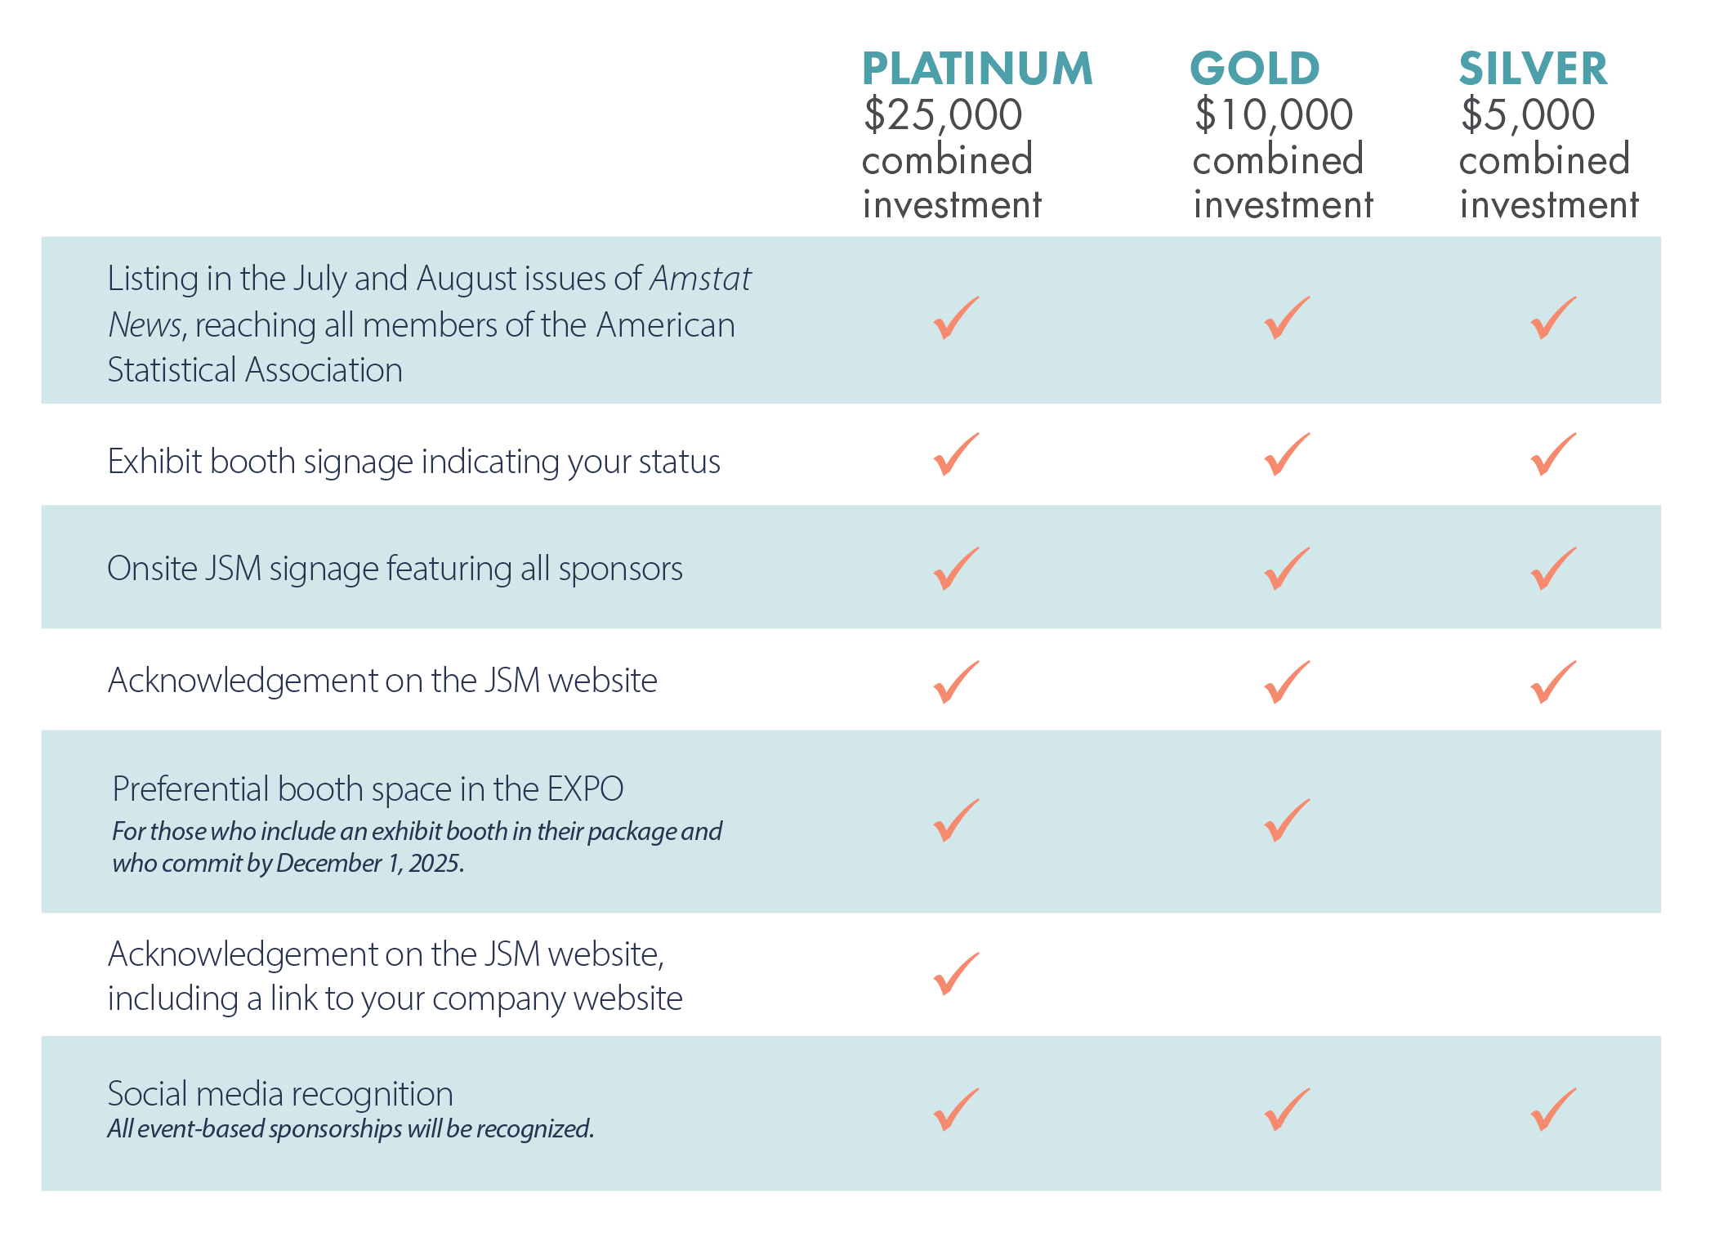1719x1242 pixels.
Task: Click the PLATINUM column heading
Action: coord(976,69)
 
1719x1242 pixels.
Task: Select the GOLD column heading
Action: coord(1254,69)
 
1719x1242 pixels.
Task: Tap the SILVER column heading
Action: coord(1533,69)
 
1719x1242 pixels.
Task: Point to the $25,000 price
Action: coord(943,114)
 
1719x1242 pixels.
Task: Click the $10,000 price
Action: coord(1273,114)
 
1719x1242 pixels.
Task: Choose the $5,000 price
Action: coord(1527,114)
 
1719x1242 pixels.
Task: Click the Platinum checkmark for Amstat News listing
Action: coord(955,318)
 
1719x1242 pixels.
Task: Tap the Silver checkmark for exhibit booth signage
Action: coord(1552,454)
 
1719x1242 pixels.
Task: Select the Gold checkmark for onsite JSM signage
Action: coord(1286,569)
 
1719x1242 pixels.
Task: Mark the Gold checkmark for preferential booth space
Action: coord(1286,820)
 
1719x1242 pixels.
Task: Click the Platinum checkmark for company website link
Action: coord(955,974)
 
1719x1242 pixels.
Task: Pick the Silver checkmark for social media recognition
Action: coord(1552,1110)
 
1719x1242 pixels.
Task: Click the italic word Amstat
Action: coord(700,279)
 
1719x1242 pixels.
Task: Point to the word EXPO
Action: coord(585,789)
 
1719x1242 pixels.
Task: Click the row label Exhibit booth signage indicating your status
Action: coord(413,462)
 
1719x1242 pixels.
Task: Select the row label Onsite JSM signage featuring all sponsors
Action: coord(395,569)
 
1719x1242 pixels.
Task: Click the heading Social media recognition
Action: coord(280,1094)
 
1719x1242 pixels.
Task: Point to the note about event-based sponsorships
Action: coord(350,1129)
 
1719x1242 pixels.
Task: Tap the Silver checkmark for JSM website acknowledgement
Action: coord(1552,682)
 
